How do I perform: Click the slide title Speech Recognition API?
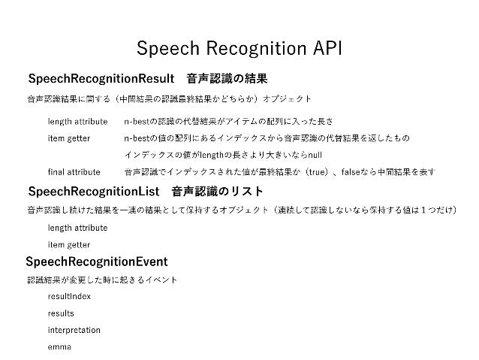pos(239,49)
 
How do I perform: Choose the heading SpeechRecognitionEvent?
pos(96,262)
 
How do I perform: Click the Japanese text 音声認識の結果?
pos(227,79)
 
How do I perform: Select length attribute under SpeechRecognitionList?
pos(77,227)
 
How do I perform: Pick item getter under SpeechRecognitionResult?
pos(69,138)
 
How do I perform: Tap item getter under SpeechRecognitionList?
pos(69,244)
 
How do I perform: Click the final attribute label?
pos(74,172)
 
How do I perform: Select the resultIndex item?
pos(69,296)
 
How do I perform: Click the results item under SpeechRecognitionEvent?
pos(61,313)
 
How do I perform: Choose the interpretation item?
pos(74,330)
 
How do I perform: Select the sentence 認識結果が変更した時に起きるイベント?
pos(101,280)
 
